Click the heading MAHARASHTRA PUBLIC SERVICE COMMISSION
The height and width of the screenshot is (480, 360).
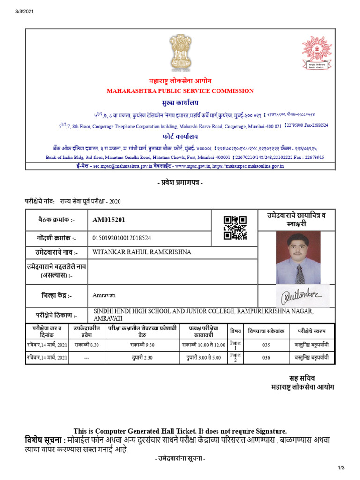[180, 91]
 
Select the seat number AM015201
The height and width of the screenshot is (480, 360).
[109, 220]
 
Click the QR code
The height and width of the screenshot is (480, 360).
[235, 227]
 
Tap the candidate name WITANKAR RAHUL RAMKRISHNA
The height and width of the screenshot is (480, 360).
[142, 252]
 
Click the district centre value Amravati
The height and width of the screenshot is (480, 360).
[104, 295]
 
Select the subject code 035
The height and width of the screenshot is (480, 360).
[266, 345]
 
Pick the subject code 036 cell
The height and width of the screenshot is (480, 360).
[266, 357]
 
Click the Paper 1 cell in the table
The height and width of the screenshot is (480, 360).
[236, 345]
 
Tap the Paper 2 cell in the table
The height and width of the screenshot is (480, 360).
[236, 357]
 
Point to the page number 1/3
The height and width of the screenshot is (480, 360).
[341, 468]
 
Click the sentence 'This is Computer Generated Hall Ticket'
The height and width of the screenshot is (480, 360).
[180, 431]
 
